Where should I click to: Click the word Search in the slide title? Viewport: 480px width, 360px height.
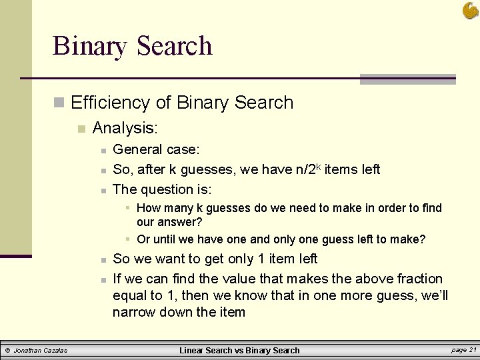coord(174,46)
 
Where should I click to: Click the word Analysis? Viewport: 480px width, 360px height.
coord(125,127)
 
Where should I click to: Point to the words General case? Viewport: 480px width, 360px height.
coord(157,149)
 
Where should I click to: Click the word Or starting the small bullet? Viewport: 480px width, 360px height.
coord(143,239)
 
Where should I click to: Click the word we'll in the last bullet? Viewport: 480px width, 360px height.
coord(431,295)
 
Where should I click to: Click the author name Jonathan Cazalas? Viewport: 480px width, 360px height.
coord(41,350)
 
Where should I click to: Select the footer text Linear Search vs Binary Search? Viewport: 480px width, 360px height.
coord(241,350)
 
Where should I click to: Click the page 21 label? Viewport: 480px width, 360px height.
coord(463,350)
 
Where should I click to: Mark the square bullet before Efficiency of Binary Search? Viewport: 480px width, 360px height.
coord(59,103)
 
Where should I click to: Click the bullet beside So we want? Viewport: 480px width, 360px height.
coord(103,259)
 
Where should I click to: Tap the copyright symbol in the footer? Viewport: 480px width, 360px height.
coord(7,350)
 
